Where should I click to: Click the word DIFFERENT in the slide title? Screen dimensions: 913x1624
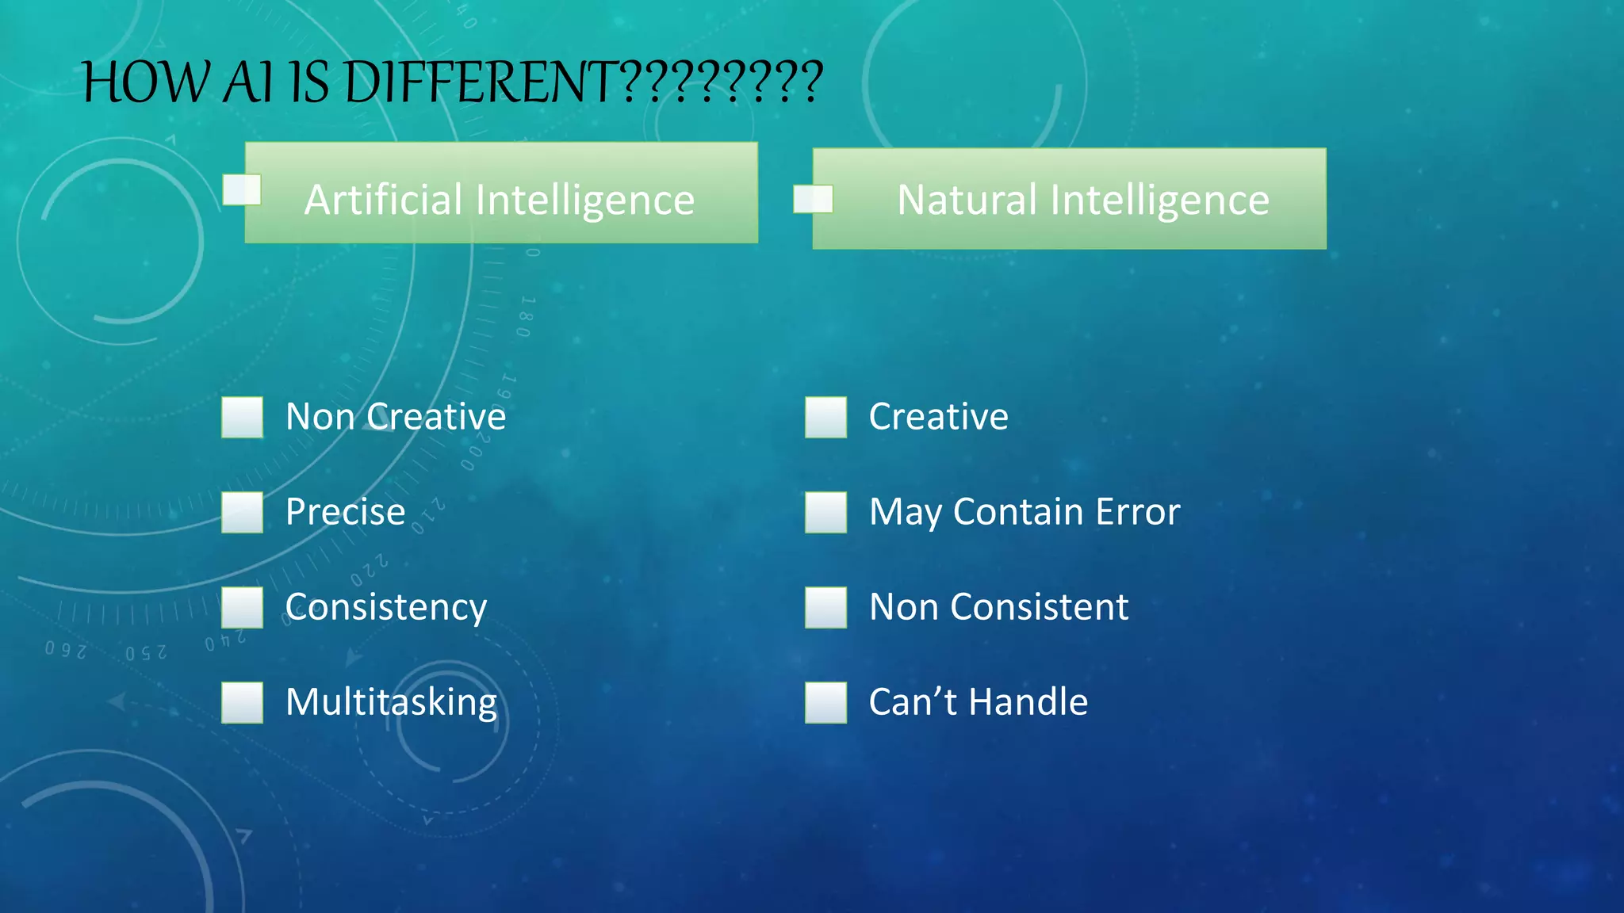click(480, 82)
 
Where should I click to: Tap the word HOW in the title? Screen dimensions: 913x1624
click(147, 82)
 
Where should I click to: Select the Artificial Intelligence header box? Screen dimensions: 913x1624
click(501, 193)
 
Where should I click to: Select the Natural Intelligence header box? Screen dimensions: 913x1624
click(1069, 199)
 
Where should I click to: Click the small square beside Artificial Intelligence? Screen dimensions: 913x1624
click(242, 190)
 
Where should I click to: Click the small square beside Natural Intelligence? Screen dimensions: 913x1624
click(813, 199)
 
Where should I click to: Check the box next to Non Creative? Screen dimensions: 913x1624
click(242, 417)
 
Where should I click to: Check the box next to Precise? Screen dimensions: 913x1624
click(242, 512)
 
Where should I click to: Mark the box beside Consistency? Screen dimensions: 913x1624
click(242, 607)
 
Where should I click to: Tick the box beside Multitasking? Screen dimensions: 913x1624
click(242, 702)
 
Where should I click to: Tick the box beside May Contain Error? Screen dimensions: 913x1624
click(825, 512)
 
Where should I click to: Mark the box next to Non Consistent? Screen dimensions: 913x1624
click(825, 607)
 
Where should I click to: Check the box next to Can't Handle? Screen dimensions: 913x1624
click(825, 702)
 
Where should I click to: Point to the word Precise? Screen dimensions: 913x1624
click(345, 512)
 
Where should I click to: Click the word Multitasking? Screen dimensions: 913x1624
click(391, 703)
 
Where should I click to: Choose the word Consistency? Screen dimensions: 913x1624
click(385, 608)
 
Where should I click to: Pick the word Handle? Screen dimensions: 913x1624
click(1028, 702)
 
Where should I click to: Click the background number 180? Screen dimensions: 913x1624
click(526, 317)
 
